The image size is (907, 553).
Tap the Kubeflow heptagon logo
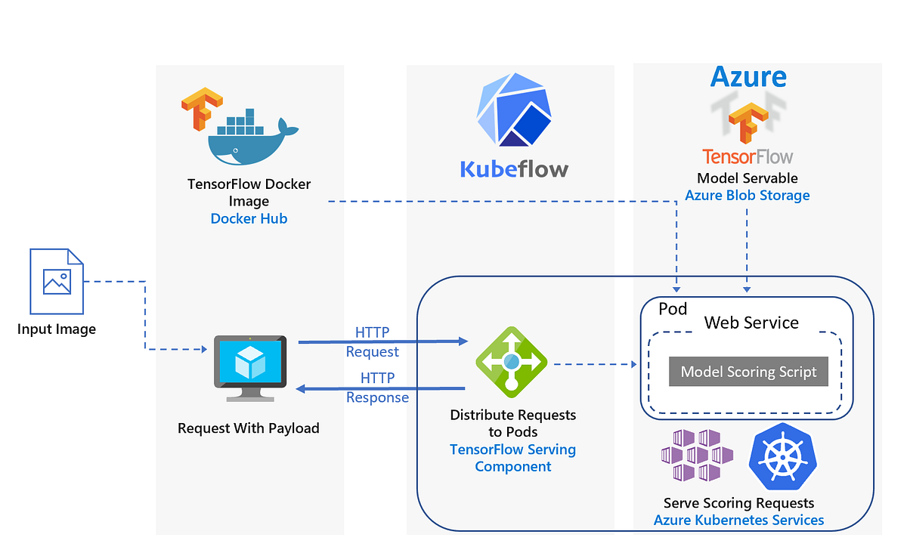(513, 110)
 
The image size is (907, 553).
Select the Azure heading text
(748, 76)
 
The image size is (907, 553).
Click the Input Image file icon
(57, 281)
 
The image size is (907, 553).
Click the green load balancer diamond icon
(511, 362)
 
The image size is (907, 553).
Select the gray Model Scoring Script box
(748, 372)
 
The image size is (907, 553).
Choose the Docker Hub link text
(249, 218)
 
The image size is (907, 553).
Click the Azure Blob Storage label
(747, 196)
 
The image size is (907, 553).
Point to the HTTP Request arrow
(383, 341)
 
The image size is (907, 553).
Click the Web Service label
(751, 323)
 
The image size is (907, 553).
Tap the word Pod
(673, 308)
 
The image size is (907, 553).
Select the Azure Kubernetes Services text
(738, 520)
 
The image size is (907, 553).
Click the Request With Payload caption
(248, 428)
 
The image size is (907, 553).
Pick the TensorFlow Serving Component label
(512, 458)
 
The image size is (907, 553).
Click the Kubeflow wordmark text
(513, 168)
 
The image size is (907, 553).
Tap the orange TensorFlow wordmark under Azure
(747, 156)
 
